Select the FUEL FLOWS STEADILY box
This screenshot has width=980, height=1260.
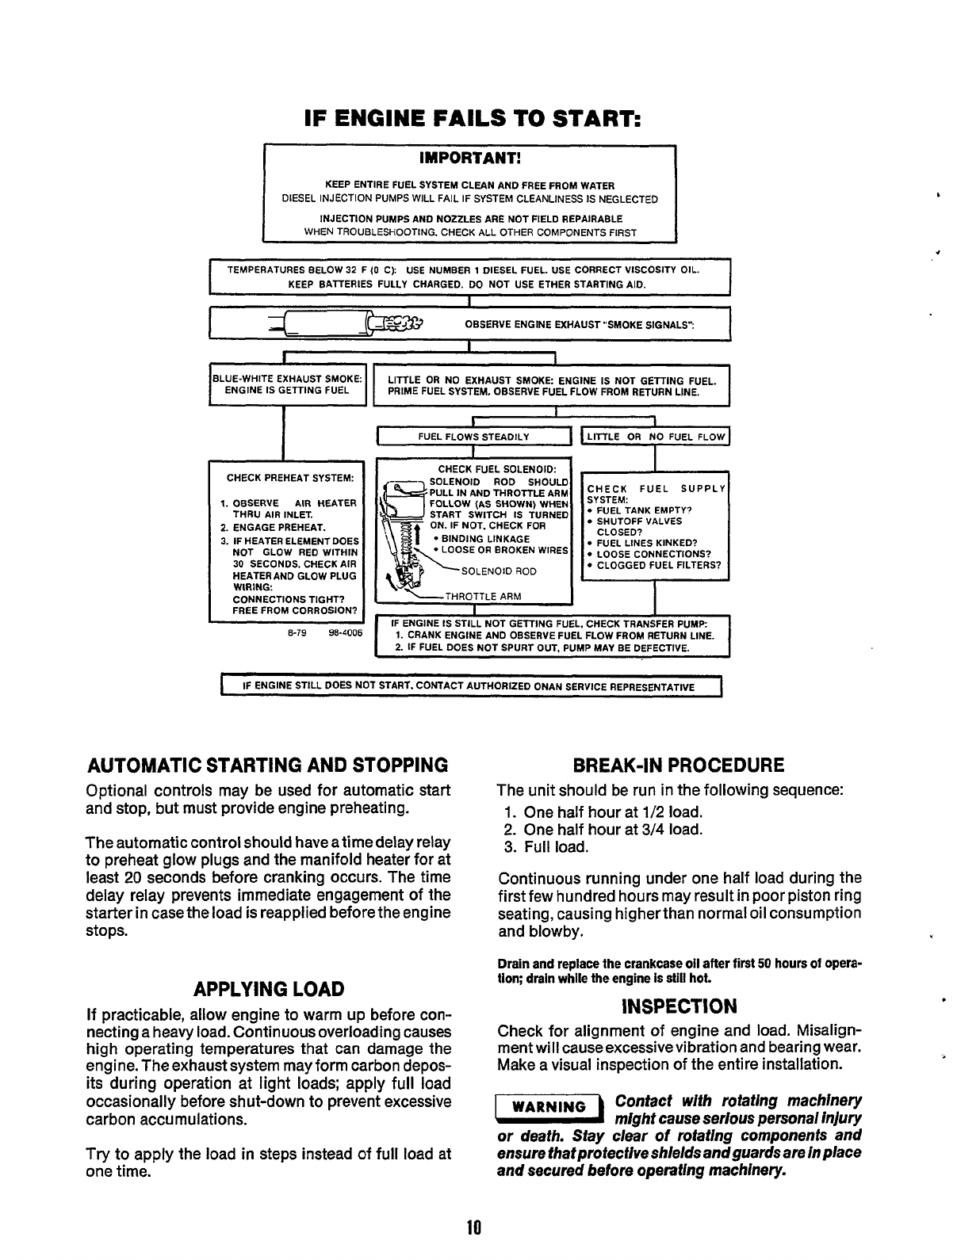click(473, 437)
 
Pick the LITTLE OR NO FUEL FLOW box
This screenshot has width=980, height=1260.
click(655, 437)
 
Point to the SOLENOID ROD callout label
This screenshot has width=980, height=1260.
click(499, 571)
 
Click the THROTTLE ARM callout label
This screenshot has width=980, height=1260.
click(483, 597)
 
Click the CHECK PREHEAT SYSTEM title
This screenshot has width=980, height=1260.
click(285, 479)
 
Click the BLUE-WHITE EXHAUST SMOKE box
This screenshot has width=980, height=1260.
click(287, 384)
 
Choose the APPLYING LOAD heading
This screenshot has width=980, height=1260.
click(269, 989)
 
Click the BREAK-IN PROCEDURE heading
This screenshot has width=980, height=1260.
click(678, 766)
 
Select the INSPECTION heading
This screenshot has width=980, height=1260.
click(679, 1006)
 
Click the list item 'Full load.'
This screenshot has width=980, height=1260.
click(556, 847)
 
